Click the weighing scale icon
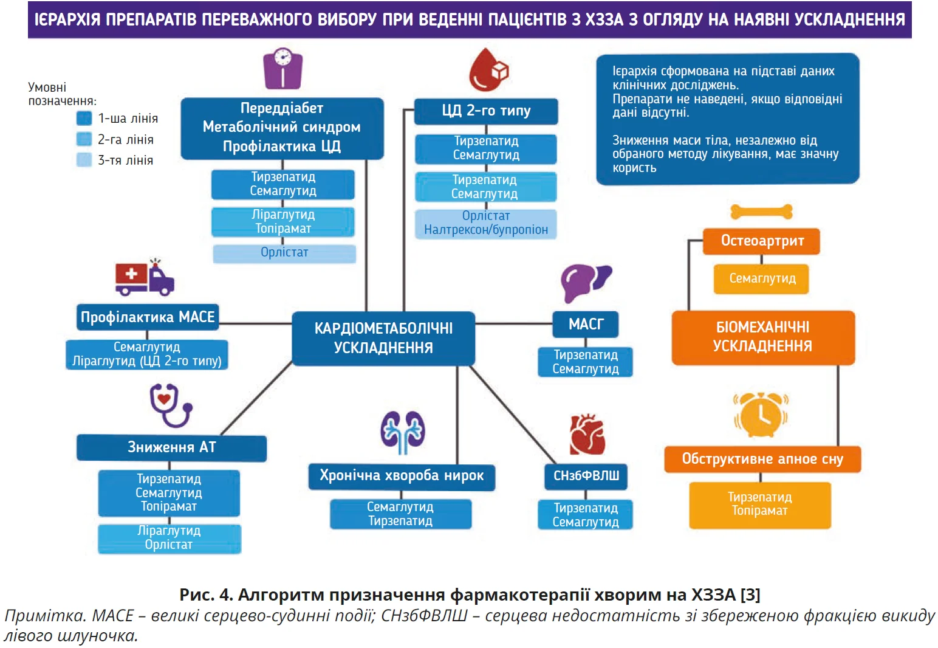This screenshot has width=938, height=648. [x=282, y=69]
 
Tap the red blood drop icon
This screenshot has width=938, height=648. [x=488, y=69]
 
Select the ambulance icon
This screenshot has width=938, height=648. [x=145, y=278]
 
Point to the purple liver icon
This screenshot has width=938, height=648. [x=585, y=282]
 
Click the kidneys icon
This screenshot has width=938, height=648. [x=402, y=432]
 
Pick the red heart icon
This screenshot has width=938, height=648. [x=587, y=435]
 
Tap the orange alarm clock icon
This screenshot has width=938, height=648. [x=761, y=415]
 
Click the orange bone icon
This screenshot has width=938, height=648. [x=761, y=212]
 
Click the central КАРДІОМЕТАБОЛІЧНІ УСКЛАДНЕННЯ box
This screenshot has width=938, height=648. [x=383, y=338]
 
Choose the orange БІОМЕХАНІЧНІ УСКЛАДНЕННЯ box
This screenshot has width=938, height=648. [x=762, y=337]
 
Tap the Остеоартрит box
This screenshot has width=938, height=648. [x=762, y=241]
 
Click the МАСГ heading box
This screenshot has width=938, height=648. [x=586, y=324]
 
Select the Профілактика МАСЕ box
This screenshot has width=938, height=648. [x=148, y=317]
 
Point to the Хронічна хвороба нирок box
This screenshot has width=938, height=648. [x=402, y=475]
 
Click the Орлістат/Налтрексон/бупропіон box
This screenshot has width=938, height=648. [x=486, y=223]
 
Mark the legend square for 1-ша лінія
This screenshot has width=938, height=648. [x=84, y=118]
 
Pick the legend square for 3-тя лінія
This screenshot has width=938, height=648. [x=84, y=160]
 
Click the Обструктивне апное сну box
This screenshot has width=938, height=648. [x=762, y=459]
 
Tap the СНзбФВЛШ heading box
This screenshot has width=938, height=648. [x=586, y=475]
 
